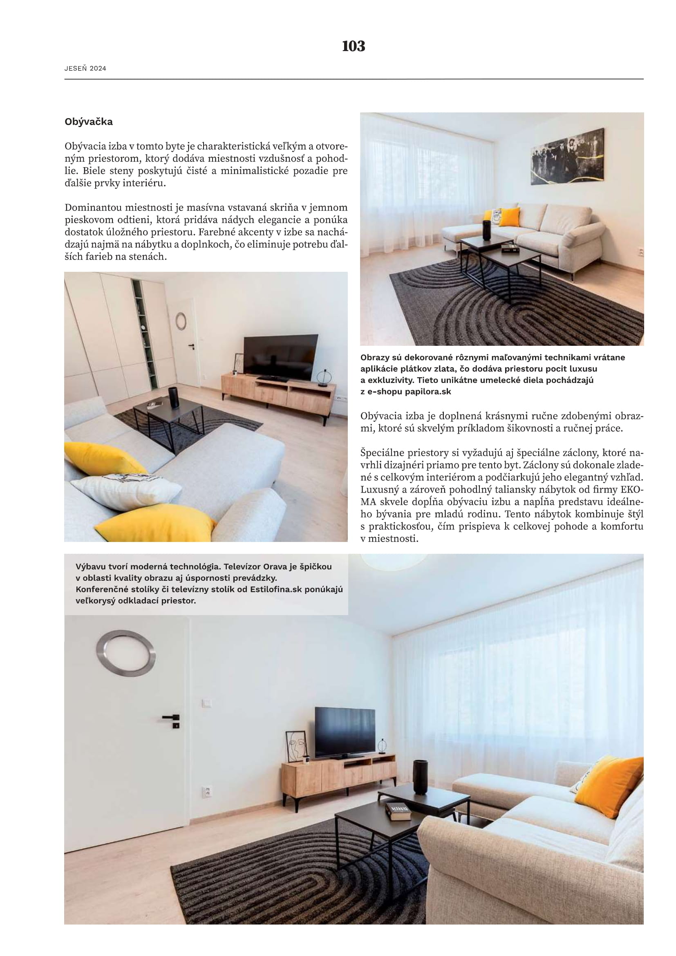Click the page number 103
tap(354, 46)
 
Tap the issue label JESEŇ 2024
tap(85, 69)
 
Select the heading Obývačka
tap(89, 122)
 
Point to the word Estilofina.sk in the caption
tap(275, 589)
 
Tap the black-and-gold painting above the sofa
tap(567, 157)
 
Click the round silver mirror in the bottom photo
tap(126, 653)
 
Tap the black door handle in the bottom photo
tap(171, 717)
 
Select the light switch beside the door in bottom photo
tap(206, 703)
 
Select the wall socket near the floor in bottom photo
tap(207, 792)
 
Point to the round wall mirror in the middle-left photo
tap(181, 321)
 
